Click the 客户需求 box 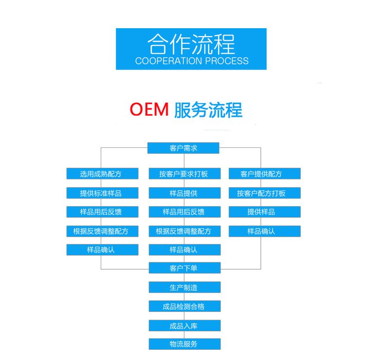point(183,148)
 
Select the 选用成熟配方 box point(102,174)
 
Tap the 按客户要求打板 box point(184,174)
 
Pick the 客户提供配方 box point(265,174)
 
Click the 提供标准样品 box point(102,193)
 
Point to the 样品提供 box point(184,193)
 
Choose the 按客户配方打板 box point(265,193)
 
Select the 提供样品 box point(265,212)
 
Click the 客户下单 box point(184,268)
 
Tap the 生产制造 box point(184,287)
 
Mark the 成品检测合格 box point(184,306)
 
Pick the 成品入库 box point(184,325)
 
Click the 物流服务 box point(184,344)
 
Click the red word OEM point(149,109)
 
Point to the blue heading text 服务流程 point(208,110)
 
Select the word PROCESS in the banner point(227,61)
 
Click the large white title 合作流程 point(191,44)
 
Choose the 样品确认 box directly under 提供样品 point(265,231)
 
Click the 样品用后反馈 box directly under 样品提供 point(184,212)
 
